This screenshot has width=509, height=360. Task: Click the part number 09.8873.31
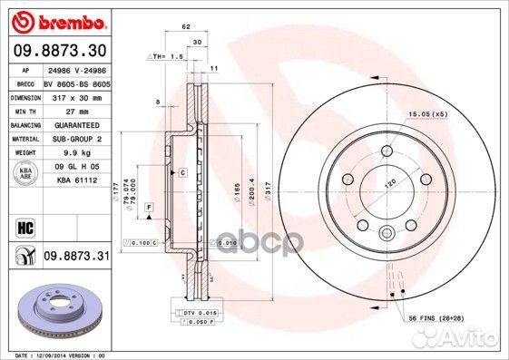pos(76,258)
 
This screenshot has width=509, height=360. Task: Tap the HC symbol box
pos(24,225)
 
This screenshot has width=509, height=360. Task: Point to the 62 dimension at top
pos(185,27)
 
